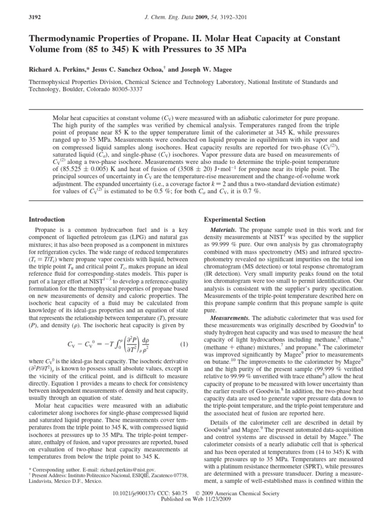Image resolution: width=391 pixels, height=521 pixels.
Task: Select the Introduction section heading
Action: pos(47,219)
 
